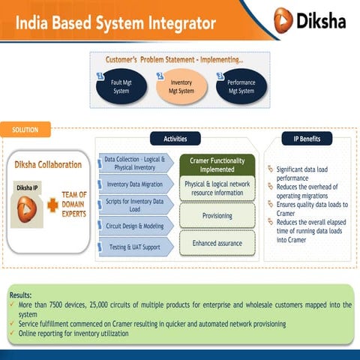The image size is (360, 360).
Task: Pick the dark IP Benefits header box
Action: [x=301, y=139]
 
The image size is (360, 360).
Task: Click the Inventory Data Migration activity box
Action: [x=135, y=183]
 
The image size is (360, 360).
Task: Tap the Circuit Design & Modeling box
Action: [x=135, y=224]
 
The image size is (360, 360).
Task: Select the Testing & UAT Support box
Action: [x=135, y=247]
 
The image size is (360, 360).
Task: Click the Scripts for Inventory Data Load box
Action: [x=135, y=204]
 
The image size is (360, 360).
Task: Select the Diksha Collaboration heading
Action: [x=52, y=164]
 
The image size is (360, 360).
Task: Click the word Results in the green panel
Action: [x=20, y=295]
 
